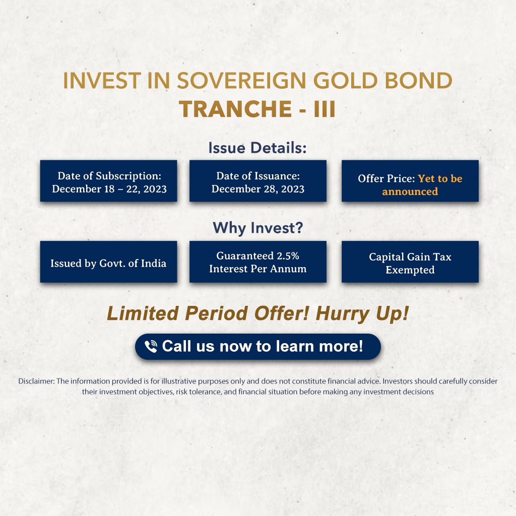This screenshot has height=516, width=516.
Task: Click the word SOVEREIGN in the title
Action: tap(241, 81)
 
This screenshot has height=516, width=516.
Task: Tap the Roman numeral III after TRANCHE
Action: tap(325, 109)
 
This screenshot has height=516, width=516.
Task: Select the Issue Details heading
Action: tap(257, 148)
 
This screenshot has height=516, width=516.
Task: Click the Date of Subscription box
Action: tap(109, 181)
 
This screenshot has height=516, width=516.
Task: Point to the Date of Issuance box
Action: tap(258, 181)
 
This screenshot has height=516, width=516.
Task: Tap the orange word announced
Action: tap(410, 191)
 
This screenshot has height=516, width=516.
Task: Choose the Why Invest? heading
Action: tap(257, 228)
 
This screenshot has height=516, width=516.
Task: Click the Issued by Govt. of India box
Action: tap(109, 262)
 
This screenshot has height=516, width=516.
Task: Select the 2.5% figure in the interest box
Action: tap(288, 255)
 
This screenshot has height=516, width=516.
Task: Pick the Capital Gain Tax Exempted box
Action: tap(410, 262)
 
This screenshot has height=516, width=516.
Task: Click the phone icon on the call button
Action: tap(151, 347)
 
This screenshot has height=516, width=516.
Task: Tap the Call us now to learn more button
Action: tap(258, 347)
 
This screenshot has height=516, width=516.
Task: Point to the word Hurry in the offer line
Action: tap(343, 313)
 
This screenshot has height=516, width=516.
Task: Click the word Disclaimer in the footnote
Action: tap(36, 381)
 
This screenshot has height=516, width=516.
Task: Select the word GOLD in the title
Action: tap(345, 81)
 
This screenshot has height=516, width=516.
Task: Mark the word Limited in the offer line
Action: tap(143, 313)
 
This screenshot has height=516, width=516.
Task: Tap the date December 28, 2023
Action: tap(258, 189)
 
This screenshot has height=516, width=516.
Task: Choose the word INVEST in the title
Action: tap(102, 81)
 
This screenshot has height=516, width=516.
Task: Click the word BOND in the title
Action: tap(419, 81)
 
